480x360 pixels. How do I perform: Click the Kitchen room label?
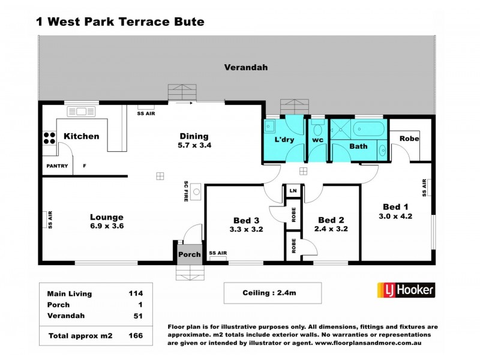(82, 136)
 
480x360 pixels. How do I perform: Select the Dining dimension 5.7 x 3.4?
(194, 145)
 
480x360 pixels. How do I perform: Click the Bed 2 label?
(331, 220)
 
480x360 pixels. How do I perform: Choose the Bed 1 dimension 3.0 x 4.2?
(395, 216)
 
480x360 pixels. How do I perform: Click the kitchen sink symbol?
(81, 111)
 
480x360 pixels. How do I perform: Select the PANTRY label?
(56, 166)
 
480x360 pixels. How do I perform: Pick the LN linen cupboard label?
(293, 191)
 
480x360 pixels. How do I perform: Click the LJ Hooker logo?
(405, 290)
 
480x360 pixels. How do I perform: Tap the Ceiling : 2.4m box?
(272, 293)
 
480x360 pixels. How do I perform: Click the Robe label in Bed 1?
(410, 139)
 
